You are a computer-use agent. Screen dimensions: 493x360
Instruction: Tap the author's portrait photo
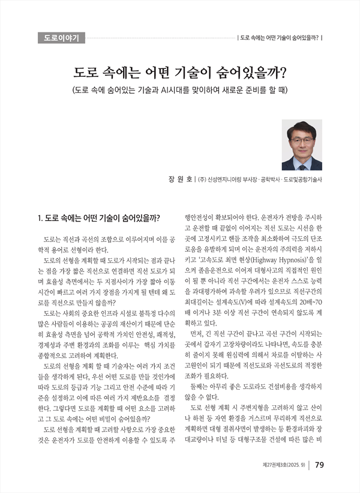click(x=301, y=145)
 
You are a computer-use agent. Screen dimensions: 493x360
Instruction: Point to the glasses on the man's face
click(x=302, y=139)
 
